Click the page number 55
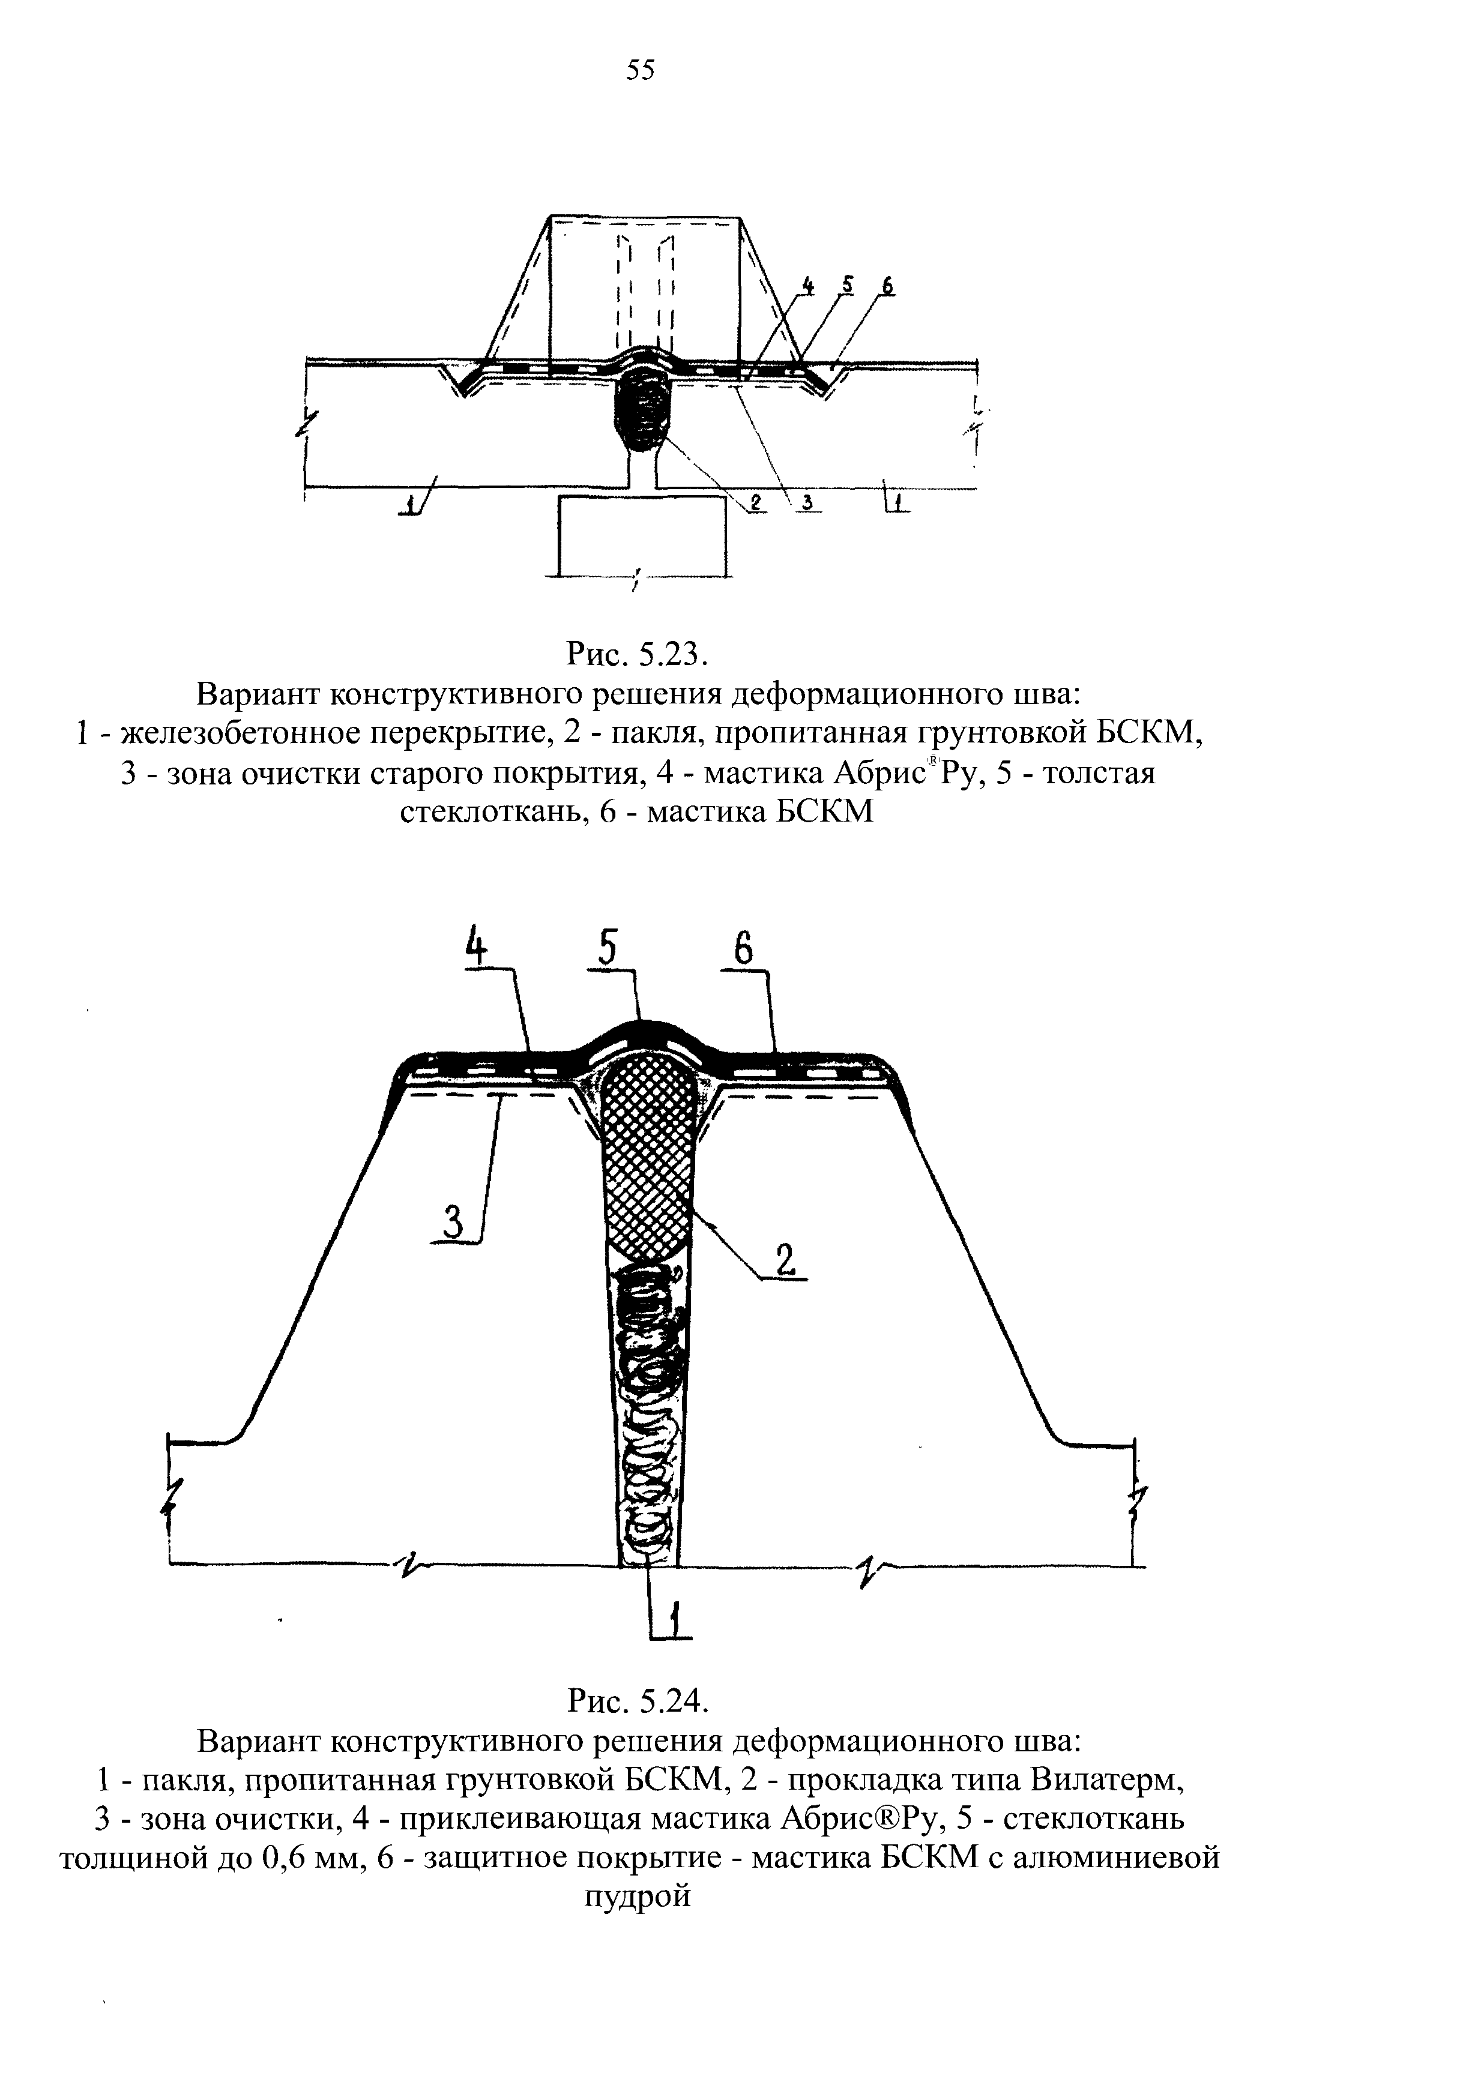click(641, 70)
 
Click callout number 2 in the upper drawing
click(755, 502)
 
